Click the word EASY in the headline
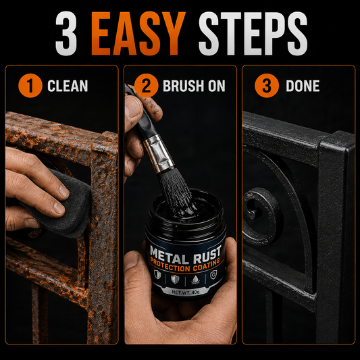pyautogui.click(x=138, y=33)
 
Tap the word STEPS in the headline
pyautogui.click(x=253, y=33)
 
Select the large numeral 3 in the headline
pyautogui.click(x=66, y=33)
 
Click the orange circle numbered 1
pyautogui.click(x=30, y=86)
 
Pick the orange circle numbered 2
pyautogui.click(x=147, y=86)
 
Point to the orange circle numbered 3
pyautogui.click(x=267, y=86)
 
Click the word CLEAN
pyautogui.click(x=68, y=86)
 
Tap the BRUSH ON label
pyautogui.click(x=194, y=86)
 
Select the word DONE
pyautogui.click(x=303, y=86)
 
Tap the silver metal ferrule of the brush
pyautogui.click(x=159, y=154)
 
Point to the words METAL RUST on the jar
pyautogui.click(x=186, y=255)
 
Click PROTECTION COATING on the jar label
pyautogui.click(x=185, y=265)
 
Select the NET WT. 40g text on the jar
pyautogui.click(x=186, y=292)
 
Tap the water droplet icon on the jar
pyautogui.click(x=195, y=280)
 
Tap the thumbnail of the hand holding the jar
pyautogui.click(x=131, y=260)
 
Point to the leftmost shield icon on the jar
pyautogui.click(x=157, y=274)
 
